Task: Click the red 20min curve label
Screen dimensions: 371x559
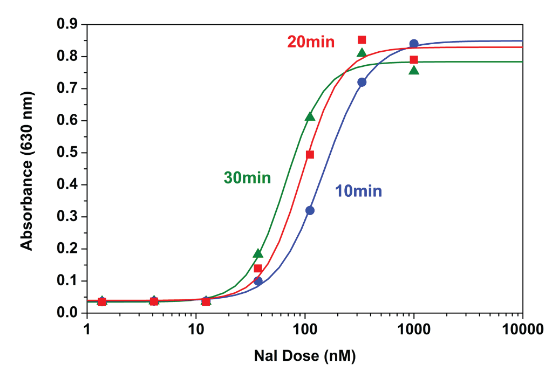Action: point(311,42)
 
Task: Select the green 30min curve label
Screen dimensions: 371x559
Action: point(247,177)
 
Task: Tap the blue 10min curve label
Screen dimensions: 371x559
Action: point(358,191)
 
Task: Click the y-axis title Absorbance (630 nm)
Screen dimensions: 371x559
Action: point(26,168)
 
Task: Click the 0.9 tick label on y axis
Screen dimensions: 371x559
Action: point(68,24)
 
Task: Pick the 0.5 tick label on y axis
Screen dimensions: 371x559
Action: point(68,153)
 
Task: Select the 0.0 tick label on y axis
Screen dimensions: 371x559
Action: point(68,313)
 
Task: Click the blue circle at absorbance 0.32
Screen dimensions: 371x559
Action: point(310,210)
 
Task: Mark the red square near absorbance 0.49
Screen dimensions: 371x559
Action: point(310,155)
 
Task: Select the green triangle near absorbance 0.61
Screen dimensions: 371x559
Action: point(310,116)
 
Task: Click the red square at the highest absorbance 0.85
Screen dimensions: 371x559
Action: point(362,40)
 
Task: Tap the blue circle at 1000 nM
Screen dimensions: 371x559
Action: point(414,44)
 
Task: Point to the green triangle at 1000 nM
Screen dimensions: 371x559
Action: point(414,70)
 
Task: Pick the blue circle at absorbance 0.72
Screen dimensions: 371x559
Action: point(362,82)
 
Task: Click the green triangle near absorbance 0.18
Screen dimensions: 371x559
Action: point(258,253)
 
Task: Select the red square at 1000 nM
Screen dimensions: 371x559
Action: point(414,59)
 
